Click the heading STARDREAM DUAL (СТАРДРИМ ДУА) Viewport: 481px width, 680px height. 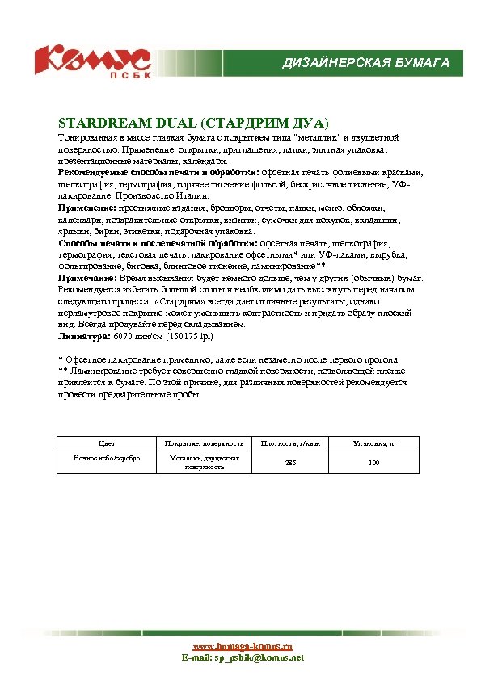(193, 123)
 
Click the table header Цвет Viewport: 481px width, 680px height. (107, 443)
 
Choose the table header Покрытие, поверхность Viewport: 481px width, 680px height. (204, 443)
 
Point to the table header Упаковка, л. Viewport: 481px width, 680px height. (373, 443)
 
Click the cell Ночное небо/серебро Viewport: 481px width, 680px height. (107, 458)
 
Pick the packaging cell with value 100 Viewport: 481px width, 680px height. (373, 463)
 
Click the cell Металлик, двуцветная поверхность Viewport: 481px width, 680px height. (204, 463)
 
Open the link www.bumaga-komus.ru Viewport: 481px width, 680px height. (243, 647)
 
